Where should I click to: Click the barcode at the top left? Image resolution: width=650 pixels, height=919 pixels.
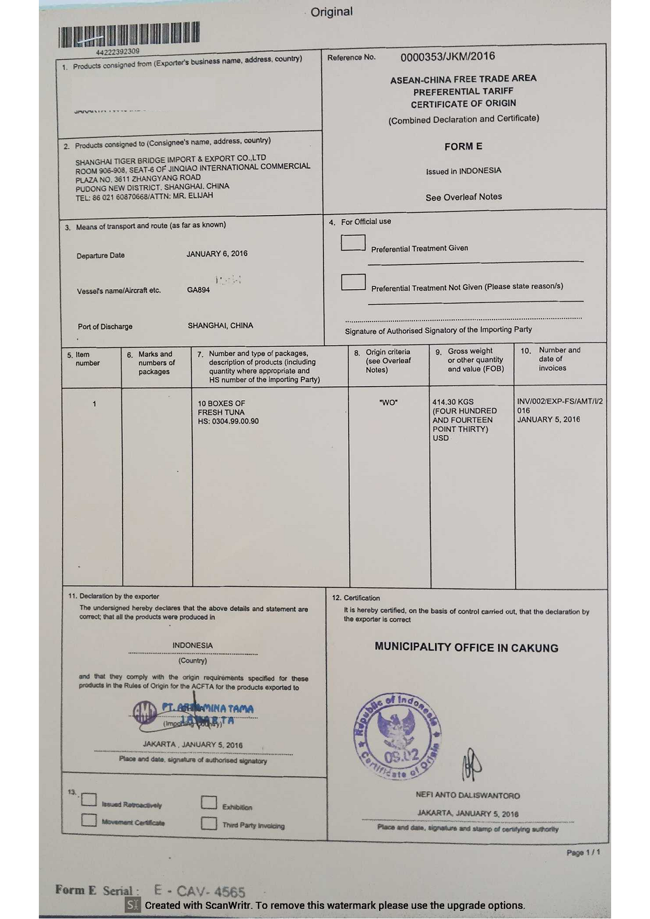[129, 33]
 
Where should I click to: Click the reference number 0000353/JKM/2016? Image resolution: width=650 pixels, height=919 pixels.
[448, 57]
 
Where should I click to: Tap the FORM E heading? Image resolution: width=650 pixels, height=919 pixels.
[463, 147]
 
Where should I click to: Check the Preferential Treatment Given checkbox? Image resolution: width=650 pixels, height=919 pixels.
[353, 243]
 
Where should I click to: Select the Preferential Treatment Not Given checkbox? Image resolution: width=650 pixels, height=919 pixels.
[353, 282]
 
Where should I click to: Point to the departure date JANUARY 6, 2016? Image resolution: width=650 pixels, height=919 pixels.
[217, 253]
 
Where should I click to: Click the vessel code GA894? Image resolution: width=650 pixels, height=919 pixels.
[198, 290]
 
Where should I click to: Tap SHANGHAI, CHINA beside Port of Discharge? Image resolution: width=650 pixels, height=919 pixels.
[220, 326]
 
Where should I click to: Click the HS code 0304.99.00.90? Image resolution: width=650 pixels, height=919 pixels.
[228, 421]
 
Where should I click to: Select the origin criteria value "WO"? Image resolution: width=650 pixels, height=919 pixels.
[389, 402]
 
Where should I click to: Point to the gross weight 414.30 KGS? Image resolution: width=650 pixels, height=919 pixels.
[453, 402]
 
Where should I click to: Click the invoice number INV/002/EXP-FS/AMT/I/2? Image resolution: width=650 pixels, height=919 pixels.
[560, 401]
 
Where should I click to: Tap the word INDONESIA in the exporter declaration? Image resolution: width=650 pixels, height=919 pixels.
[193, 646]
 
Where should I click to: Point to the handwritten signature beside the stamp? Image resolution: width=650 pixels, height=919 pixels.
[471, 764]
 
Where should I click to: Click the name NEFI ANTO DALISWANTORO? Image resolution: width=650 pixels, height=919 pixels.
[468, 795]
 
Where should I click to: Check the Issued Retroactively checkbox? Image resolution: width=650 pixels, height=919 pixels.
[89, 800]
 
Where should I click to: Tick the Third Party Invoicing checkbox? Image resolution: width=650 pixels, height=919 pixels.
[209, 824]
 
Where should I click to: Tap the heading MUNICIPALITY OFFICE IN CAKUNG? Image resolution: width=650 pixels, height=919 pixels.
[466, 648]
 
